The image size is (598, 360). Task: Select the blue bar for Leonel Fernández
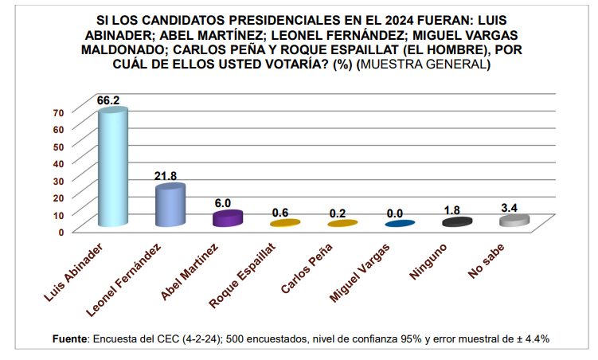pyautogui.click(x=170, y=206)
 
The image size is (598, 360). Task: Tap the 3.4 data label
pyautogui.click(x=510, y=208)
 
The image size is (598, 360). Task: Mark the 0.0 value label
pyautogui.click(x=396, y=213)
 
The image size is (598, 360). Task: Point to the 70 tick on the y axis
pyautogui.click(x=57, y=112)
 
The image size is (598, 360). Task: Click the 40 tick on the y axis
pyautogui.click(x=57, y=162)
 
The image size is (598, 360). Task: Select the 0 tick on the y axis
pyautogui.click(x=61, y=231)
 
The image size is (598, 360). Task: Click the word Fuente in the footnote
pyautogui.click(x=69, y=339)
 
